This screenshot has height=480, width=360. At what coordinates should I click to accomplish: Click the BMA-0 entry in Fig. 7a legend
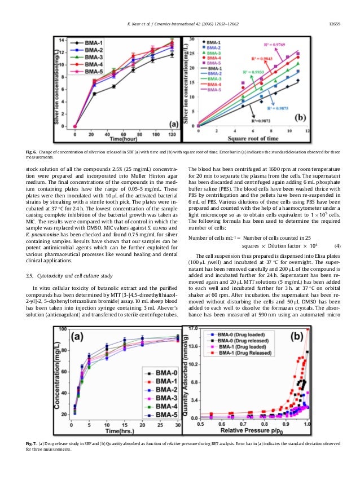pos(161,373)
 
